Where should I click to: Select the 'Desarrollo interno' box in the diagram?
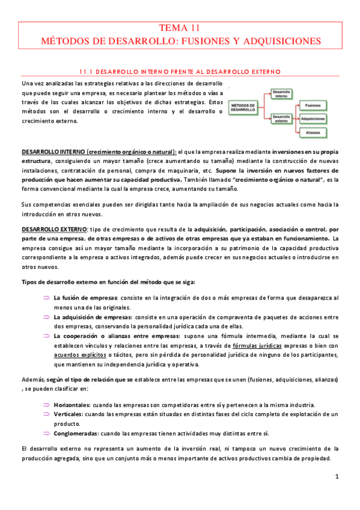point(281,94)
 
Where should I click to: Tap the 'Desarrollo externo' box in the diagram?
point(281,118)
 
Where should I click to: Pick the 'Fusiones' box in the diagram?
point(313,105)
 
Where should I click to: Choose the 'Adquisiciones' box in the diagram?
point(313,118)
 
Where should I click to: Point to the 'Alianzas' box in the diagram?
point(313,132)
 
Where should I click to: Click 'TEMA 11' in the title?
point(180,28)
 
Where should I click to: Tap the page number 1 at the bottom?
point(337,477)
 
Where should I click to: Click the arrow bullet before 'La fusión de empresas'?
point(46,298)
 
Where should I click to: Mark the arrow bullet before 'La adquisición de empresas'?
point(46,317)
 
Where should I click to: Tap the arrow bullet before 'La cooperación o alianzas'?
point(46,336)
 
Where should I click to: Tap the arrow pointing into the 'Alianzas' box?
point(297,132)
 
